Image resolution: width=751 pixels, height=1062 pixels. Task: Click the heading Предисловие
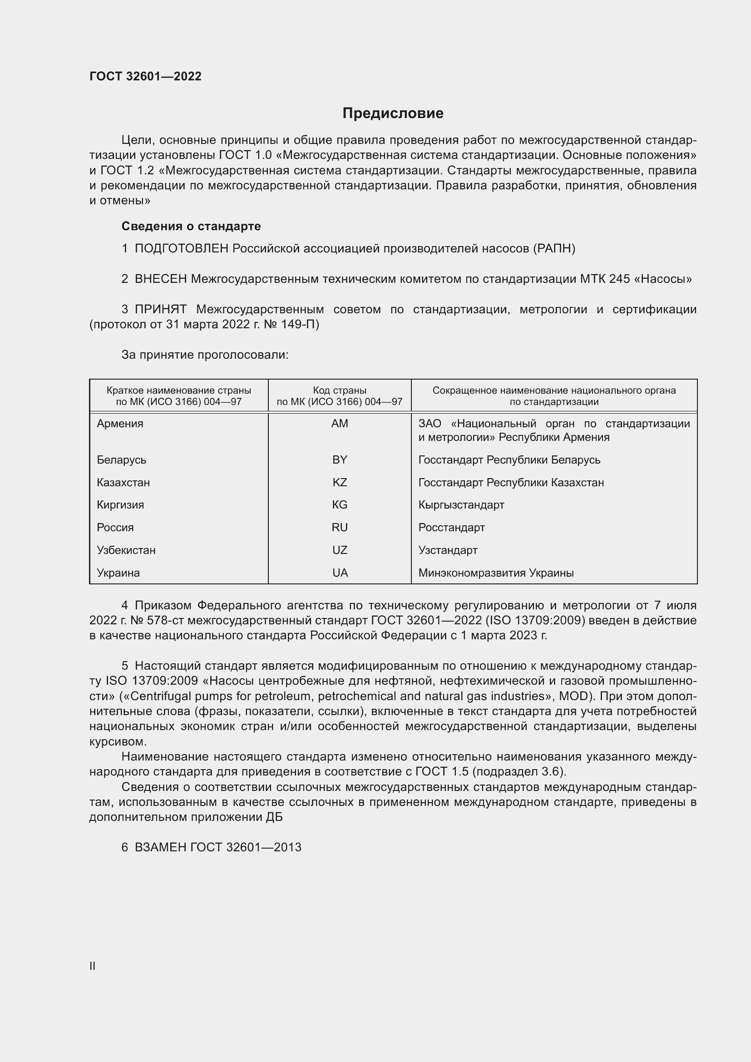pos(393,114)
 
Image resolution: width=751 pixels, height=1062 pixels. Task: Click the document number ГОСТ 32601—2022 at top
pos(145,76)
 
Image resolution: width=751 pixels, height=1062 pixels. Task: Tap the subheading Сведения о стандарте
pos(191,226)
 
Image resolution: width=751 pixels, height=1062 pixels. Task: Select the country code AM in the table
pos(340,424)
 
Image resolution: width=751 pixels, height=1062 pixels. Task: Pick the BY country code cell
pos(340,460)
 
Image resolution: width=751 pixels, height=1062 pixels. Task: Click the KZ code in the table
pos(340,483)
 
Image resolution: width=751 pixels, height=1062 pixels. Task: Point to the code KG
pos(340,504)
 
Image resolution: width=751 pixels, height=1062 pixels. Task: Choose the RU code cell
pos(340,527)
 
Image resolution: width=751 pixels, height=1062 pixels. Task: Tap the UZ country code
pos(340,550)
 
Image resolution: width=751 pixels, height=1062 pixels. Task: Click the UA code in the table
pos(340,573)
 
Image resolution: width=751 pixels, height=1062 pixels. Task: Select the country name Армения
pos(120,424)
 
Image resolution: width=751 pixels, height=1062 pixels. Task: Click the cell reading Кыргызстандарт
pos(461,504)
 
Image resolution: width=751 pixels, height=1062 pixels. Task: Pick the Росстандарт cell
pos(451,527)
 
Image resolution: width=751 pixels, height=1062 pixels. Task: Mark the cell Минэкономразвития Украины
pos(496,573)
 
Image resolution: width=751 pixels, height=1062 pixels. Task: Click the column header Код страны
pos(340,390)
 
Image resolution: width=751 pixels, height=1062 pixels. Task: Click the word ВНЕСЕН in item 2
pos(160,279)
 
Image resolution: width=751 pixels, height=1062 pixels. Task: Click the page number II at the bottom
pos(93,966)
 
